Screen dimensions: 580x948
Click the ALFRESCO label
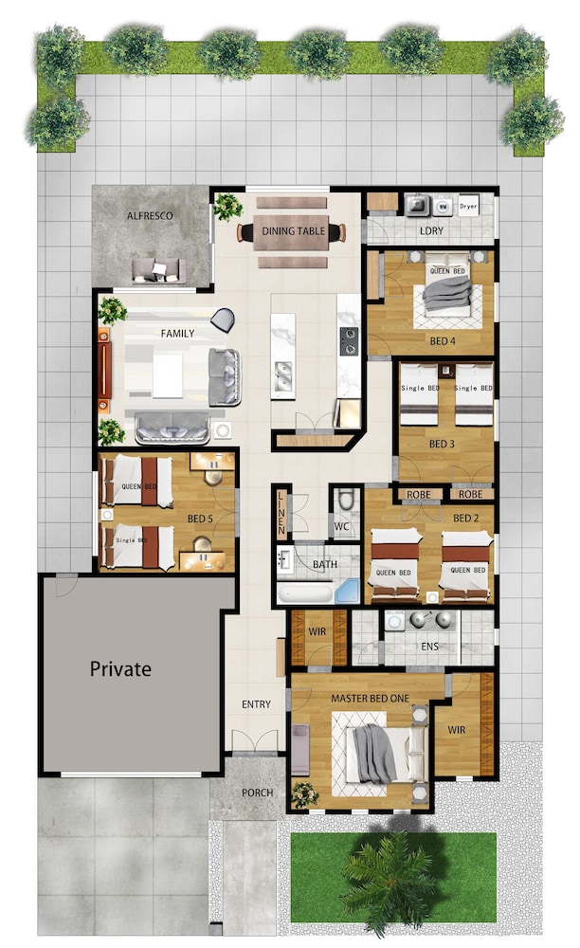149,216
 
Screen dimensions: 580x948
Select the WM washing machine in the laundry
443,206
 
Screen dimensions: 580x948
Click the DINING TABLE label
294,230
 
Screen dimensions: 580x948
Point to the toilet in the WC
346,500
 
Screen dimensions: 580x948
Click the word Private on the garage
120,668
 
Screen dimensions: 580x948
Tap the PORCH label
258,793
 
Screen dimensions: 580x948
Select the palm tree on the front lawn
389,882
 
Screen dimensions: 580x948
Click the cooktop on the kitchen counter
349,341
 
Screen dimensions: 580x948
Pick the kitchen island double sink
282,376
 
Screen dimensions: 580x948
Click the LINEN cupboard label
281,513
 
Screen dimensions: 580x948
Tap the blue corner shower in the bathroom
348,590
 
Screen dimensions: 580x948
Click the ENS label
429,647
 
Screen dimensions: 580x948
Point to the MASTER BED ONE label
370,699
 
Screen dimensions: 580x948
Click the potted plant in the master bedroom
304,793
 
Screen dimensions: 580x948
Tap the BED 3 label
442,444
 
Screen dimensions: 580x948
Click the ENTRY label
256,704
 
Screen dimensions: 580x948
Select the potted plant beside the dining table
227,207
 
